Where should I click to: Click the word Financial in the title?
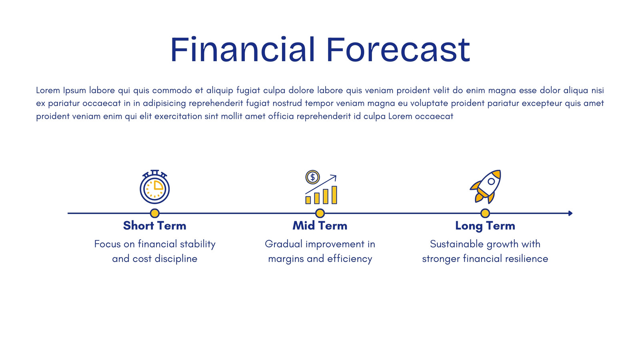point(242,49)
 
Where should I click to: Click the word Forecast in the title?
point(398,50)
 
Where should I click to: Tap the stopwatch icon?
point(154,186)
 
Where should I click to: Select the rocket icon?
point(486,186)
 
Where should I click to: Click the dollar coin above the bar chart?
point(312,177)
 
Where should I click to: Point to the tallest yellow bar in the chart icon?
point(334,195)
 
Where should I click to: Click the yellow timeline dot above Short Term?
point(154,213)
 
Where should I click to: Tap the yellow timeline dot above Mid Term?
point(320,213)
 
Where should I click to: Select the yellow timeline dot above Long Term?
point(485,213)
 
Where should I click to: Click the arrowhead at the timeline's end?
point(570,213)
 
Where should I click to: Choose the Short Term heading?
point(154,226)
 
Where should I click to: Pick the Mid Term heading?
point(320,226)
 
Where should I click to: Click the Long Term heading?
point(485,226)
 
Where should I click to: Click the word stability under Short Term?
point(198,244)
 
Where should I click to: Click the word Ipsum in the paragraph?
point(74,90)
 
